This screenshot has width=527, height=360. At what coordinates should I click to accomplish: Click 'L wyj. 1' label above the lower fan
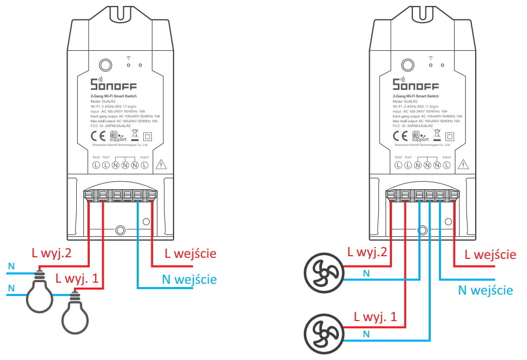pyautogui.click(x=375, y=317)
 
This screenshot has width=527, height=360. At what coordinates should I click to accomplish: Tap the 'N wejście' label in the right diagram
pyautogui.click(x=485, y=290)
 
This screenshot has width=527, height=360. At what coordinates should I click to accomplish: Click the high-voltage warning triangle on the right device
pyautogui.click(x=463, y=164)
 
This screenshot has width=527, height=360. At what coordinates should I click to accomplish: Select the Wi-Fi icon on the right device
pyautogui.click(x=430, y=57)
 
